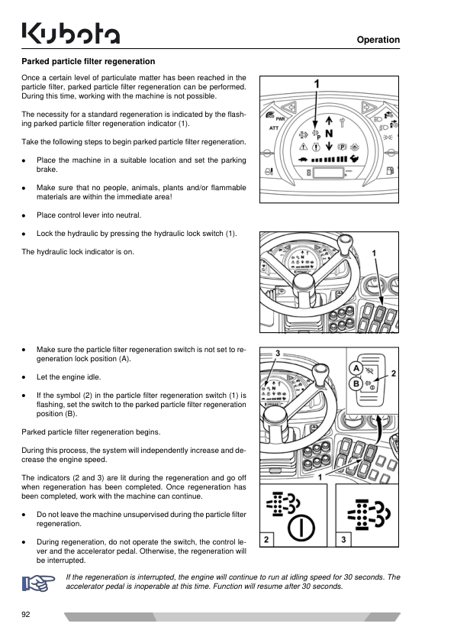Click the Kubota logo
point(70,33)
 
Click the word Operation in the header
point(378,40)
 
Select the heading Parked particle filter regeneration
point(88,62)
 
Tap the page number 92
point(26,614)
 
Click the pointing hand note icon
point(38,583)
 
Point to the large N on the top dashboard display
point(329,134)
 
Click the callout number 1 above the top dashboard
point(317,84)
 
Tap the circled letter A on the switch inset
point(356,368)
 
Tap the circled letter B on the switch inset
point(356,384)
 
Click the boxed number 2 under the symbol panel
point(266,539)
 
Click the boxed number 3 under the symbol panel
point(343,539)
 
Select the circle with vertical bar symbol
point(301,528)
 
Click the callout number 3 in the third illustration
point(278,354)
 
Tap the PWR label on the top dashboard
point(280,119)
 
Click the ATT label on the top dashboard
point(274,128)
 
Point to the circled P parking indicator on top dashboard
point(342,147)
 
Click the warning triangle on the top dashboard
point(303,147)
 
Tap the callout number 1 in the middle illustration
point(374,254)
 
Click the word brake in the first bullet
point(47,170)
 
